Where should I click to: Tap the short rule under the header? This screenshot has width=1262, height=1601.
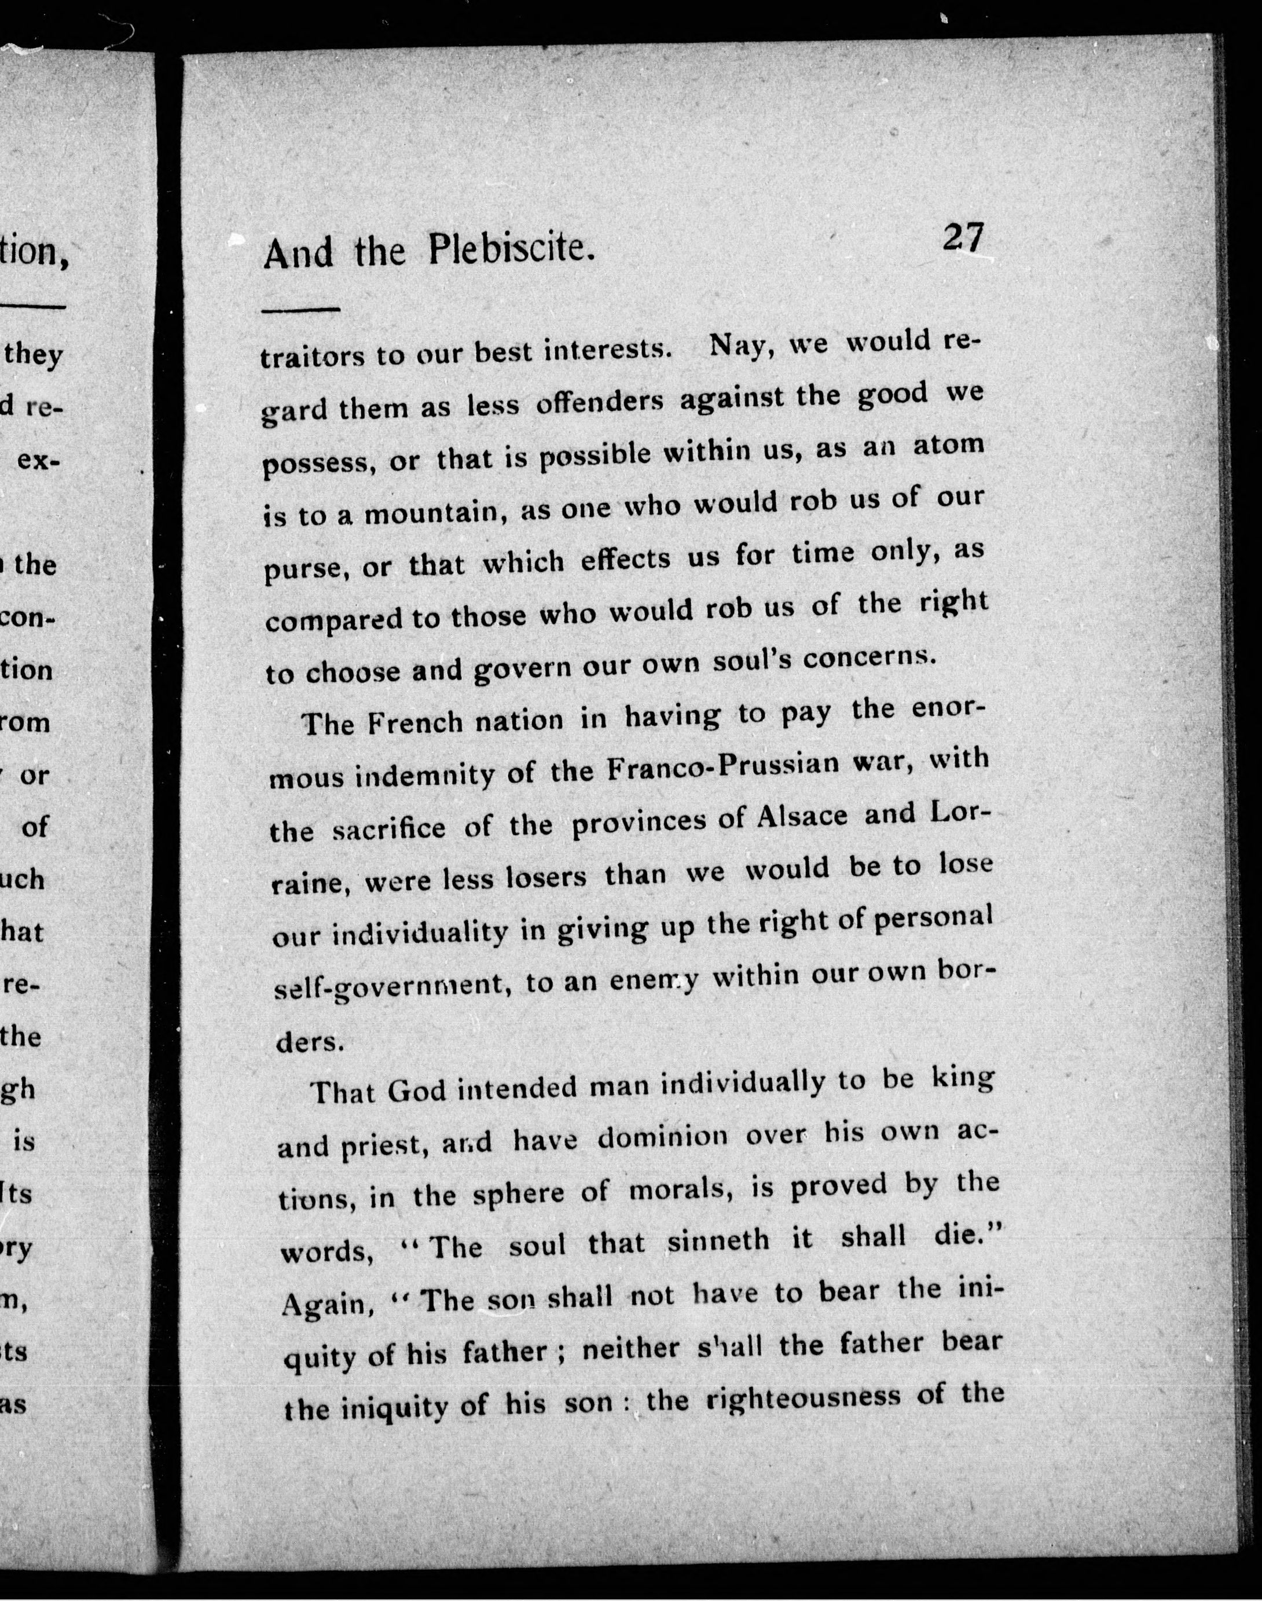tap(300, 310)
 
